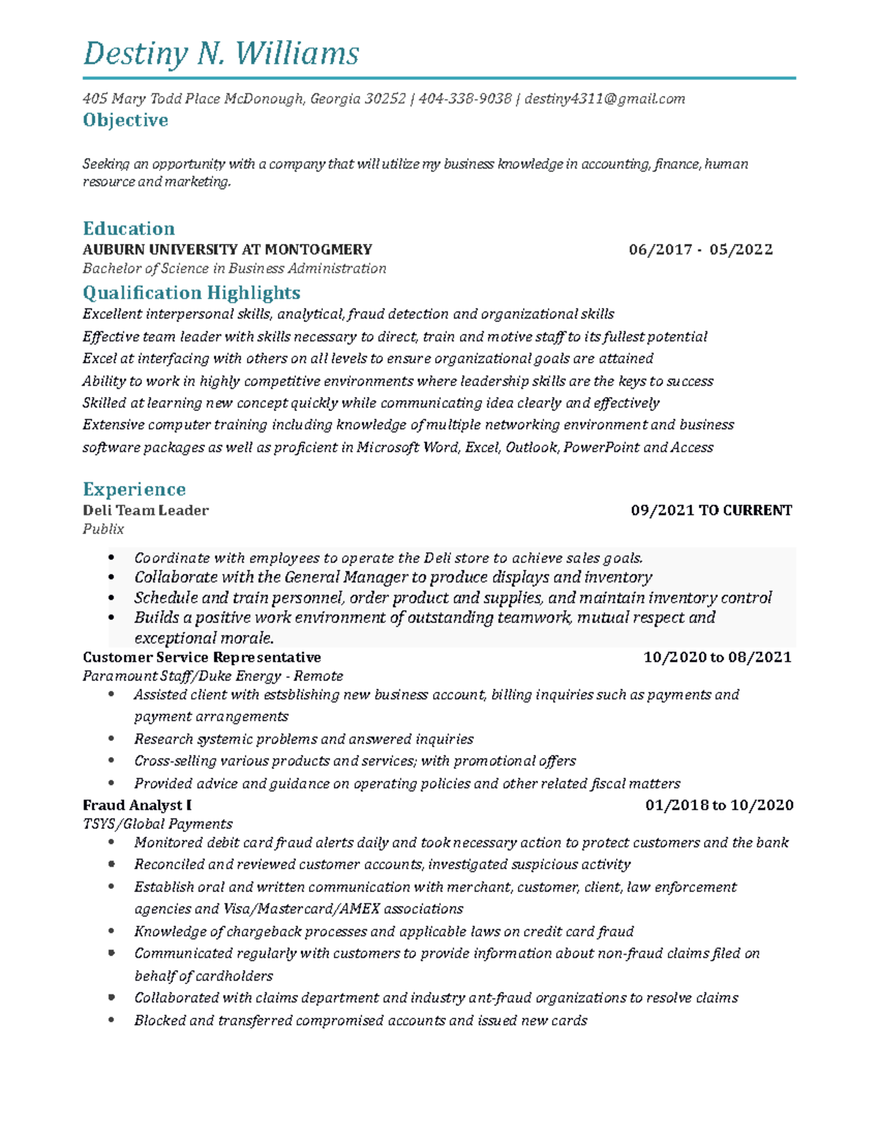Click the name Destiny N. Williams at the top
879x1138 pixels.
pyautogui.click(x=220, y=53)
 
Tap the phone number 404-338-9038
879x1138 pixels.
pyautogui.click(x=464, y=99)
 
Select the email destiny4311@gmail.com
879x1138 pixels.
pyautogui.click(x=605, y=99)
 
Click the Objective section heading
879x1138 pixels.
pyautogui.click(x=125, y=120)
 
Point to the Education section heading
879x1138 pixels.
pyautogui.click(x=129, y=229)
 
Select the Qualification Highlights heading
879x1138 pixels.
pyautogui.click(x=191, y=293)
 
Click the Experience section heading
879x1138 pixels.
pyautogui.click(x=134, y=489)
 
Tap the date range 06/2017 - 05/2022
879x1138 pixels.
pyautogui.click(x=700, y=250)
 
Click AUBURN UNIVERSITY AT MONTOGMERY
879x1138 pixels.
pyautogui.click(x=227, y=250)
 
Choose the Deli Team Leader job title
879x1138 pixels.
pyautogui.click(x=146, y=511)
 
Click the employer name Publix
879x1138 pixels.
pyautogui.click(x=103, y=529)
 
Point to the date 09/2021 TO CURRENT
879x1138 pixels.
pyautogui.click(x=711, y=511)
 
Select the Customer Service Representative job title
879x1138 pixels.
pyautogui.click(x=202, y=657)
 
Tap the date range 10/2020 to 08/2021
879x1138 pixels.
pyautogui.click(x=717, y=657)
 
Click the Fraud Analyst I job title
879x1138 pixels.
pyautogui.click(x=137, y=805)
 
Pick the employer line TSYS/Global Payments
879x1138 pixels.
pyautogui.click(x=157, y=824)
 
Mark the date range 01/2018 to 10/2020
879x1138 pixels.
pyautogui.click(x=719, y=805)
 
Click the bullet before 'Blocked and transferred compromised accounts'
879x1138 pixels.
pyautogui.click(x=111, y=1020)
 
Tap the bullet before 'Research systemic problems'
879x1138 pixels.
pyautogui.click(x=111, y=739)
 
